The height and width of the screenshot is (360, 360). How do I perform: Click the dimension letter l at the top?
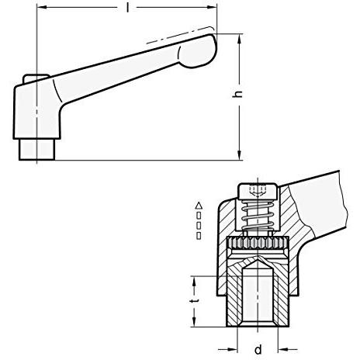127,8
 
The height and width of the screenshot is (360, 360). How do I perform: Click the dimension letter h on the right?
237,94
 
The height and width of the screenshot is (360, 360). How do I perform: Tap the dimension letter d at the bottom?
258,350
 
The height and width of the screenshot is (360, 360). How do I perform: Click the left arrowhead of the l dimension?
42,7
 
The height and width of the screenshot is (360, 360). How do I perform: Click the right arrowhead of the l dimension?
211,8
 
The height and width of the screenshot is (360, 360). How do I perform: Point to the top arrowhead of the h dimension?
240,39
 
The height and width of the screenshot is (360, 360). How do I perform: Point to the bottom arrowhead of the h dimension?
240,155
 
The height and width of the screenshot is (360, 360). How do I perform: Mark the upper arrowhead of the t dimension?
194,282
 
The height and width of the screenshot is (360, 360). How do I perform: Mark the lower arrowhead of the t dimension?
194,321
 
